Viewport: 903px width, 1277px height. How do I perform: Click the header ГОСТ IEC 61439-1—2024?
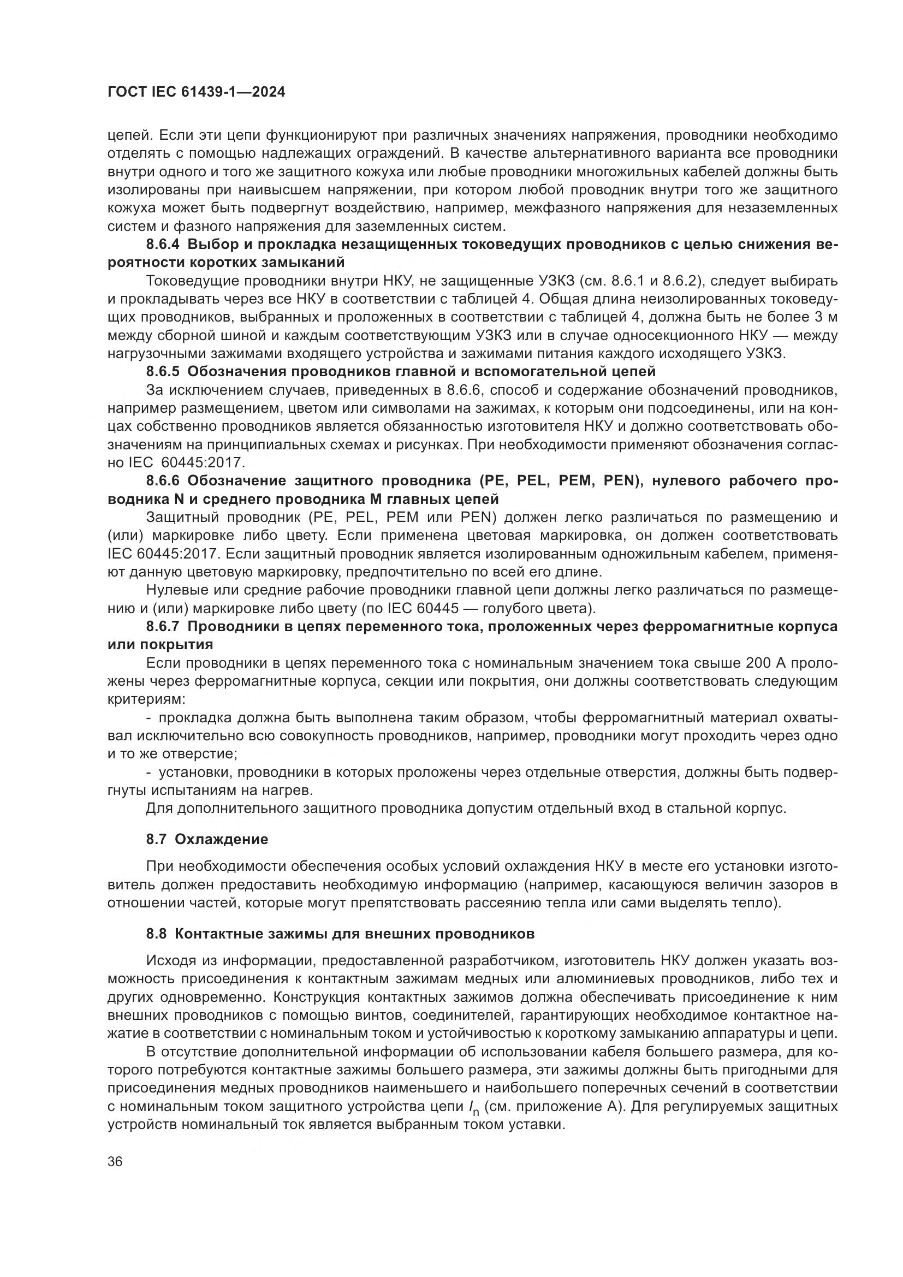[x=196, y=92]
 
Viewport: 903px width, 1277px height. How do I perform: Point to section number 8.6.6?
[x=163, y=480]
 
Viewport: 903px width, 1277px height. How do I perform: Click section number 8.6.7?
[x=163, y=626]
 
